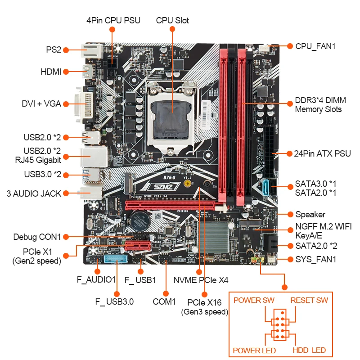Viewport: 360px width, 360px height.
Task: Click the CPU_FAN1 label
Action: pyautogui.click(x=315, y=46)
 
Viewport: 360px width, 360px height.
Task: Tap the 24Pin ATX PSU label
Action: pyautogui.click(x=322, y=153)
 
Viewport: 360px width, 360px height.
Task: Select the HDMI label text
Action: pyautogui.click(x=50, y=72)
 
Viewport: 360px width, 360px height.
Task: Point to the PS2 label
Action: pyautogui.click(x=53, y=50)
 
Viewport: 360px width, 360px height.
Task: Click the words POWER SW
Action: pyautogui.click(x=254, y=300)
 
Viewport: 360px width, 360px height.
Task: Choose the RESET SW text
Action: pyautogui.click(x=309, y=300)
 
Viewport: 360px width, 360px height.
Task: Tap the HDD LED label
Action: pyautogui.click(x=309, y=350)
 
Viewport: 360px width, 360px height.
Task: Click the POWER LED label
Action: pyautogui.click(x=254, y=350)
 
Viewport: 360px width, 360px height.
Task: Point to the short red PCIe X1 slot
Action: pyautogui.click(x=137, y=246)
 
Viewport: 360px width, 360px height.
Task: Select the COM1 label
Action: pyautogui.click(x=164, y=301)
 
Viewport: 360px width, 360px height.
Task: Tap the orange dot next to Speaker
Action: pyautogui.click(x=288, y=214)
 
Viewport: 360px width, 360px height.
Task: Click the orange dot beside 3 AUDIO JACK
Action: pyautogui.click(x=65, y=193)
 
